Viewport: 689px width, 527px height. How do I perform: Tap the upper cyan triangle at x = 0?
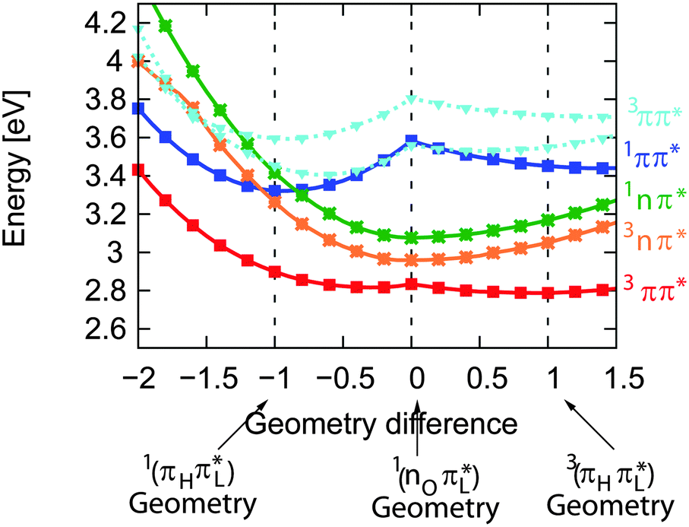(412, 100)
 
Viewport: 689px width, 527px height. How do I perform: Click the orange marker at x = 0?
(412, 260)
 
